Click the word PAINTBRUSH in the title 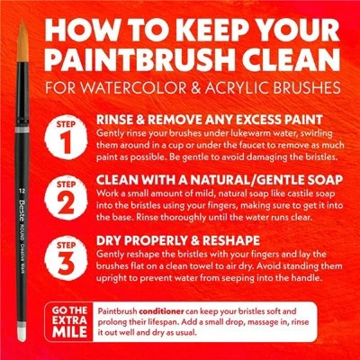point(135,61)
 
